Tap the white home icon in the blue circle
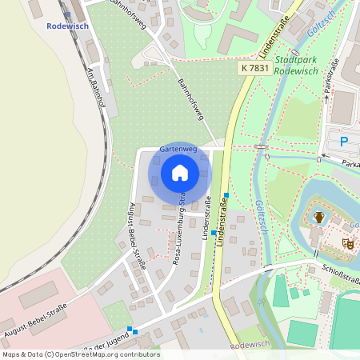[180, 173]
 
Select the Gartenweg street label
[178, 149]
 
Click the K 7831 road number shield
[254, 70]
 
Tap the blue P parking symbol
[344, 142]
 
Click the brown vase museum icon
[319, 216]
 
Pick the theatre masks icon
[348, 241]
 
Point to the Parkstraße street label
[328, 75]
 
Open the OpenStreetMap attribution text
[80, 354]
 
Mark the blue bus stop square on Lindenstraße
[226, 195]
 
